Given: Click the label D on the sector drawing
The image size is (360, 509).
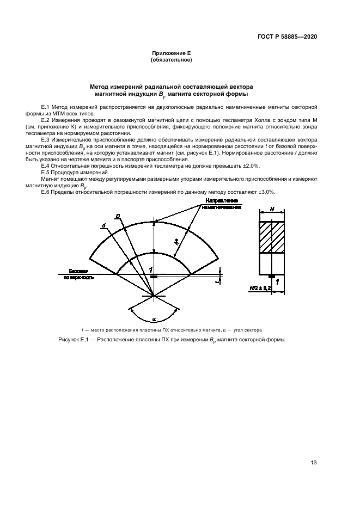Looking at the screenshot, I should (117, 216).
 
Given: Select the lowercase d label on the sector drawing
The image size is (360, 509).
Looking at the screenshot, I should (103, 225).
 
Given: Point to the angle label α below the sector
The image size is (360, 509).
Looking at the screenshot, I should (154, 320).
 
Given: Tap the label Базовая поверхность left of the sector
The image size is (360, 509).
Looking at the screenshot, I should (77, 274).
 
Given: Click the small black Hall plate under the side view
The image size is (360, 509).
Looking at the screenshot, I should (272, 277).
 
